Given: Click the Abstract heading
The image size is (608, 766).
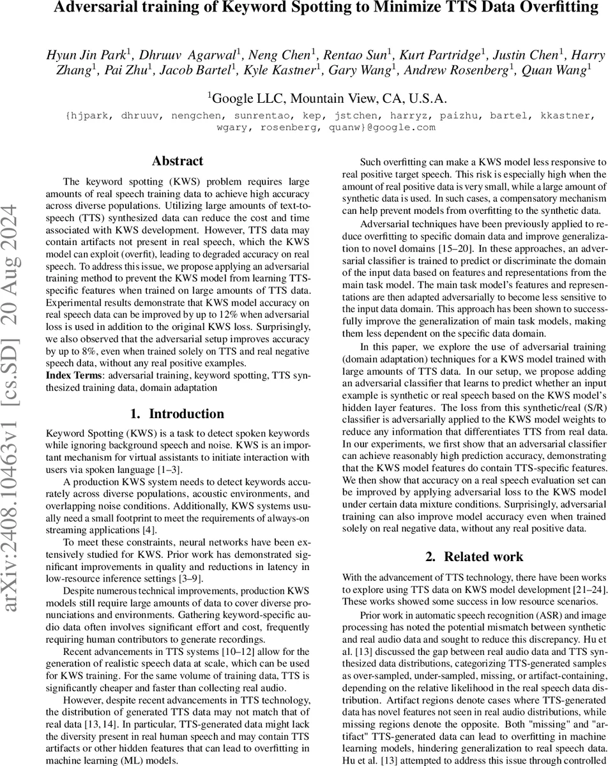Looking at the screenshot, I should pos(178,161).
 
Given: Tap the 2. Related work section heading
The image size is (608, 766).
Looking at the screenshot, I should pos(474,556).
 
